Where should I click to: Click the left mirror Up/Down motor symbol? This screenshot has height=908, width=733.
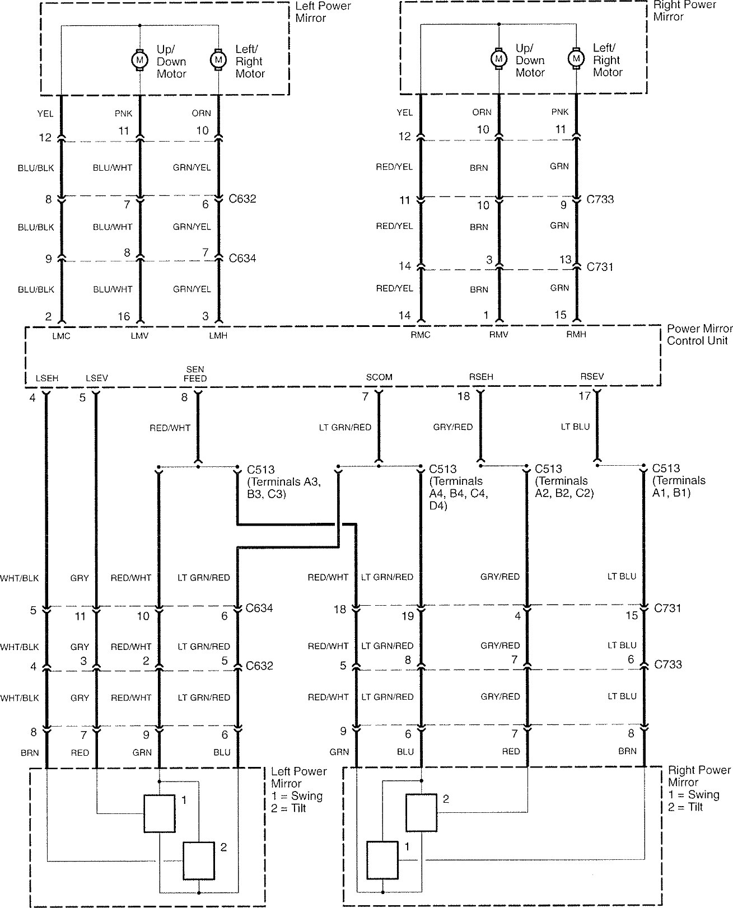coord(139,59)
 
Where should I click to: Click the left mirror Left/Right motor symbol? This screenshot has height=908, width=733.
coord(218,59)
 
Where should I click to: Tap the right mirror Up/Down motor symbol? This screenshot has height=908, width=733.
coord(498,58)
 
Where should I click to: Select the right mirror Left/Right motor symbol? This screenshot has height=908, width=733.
coord(576,58)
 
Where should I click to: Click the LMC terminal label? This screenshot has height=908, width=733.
coord(61,336)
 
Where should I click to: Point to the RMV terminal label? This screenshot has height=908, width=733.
coord(498,335)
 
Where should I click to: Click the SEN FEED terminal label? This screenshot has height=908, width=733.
coord(195,374)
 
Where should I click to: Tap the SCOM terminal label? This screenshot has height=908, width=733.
coord(379,377)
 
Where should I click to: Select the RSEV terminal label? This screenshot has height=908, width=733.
coord(592,377)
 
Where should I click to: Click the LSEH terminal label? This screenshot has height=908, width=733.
coord(46,378)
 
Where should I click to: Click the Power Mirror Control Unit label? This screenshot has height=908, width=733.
coord(699,335)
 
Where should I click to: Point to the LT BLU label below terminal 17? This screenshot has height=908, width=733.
coord(575,427)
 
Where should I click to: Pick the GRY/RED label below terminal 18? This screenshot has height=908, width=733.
coord(453,427)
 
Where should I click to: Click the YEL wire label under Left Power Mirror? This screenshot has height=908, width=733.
coord(45,114)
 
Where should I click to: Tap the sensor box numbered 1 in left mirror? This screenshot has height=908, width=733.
coord(159,813)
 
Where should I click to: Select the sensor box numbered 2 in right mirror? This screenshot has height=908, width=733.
coord(421,812)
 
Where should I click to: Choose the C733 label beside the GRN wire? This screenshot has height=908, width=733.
coord(600,199)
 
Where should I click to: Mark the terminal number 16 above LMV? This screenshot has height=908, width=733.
coord(124,316)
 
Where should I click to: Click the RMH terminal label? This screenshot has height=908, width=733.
coord(576,335)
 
